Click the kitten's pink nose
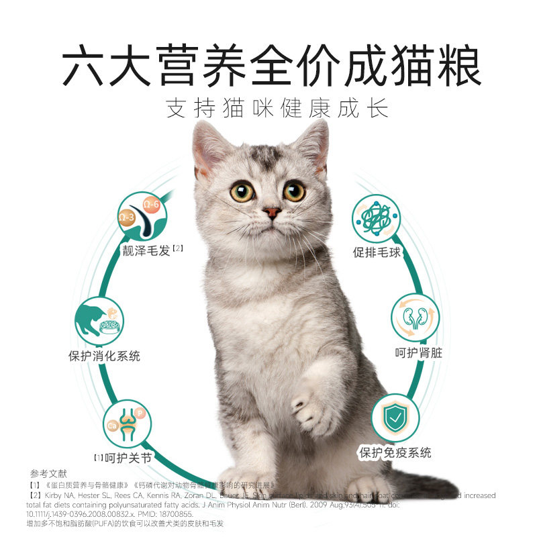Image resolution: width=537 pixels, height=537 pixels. (x=272, y=212)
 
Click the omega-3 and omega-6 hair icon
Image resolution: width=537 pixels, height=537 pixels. (x=142, y=215)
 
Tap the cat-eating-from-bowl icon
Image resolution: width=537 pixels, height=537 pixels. (x=99, y=321)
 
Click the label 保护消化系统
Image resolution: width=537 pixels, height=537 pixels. (x=104, y=356)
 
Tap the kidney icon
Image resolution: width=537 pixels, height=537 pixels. (x=415, y=317)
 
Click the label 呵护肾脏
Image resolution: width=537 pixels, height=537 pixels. (x=418, y=352)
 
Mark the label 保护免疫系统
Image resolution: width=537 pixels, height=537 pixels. (x=395, y=452)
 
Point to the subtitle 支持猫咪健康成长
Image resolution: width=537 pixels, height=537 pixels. (x=277, y=109)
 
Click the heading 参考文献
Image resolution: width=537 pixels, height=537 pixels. (x=45, y=473)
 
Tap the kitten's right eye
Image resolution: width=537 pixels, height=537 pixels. (x=242, y=192)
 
